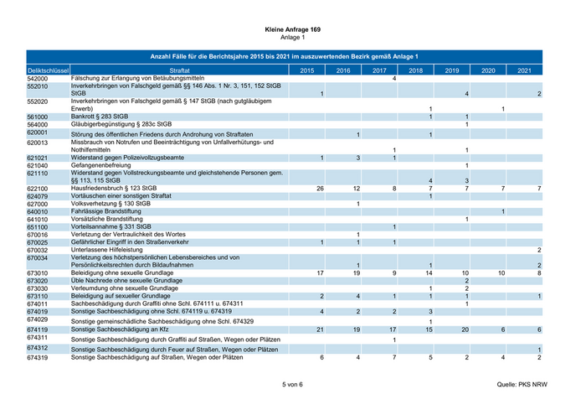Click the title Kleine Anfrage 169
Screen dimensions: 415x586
292,29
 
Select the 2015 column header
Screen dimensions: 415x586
306,70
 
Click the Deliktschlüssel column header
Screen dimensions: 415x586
47,70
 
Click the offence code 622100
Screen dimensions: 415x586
37,189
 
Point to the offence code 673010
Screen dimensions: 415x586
37,273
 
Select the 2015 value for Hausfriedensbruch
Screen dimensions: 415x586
319,189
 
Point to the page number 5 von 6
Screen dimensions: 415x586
292,383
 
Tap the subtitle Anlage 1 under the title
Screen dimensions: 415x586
292,38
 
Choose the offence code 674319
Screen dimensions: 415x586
37,358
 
